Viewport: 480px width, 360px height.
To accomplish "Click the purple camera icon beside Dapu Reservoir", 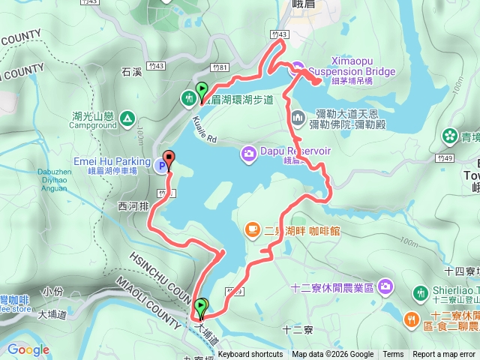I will pyautogui.click(x=248, y=153).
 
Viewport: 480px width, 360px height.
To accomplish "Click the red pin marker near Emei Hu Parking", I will pyautogui.click(x=168, y=159).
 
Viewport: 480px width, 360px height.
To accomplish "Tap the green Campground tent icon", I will pyautogui.click(x=127, y=117).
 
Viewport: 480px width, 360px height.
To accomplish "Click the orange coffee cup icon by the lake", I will pyautogui.click(x=252, y=229).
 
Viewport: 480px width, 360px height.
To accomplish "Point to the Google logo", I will pyautogui.click(x=28, y=349).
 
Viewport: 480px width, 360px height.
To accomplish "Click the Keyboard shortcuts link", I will pyautogui.click(x=250, y=355).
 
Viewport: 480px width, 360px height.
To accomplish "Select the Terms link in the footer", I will pyautogui.click(x=393, y=355).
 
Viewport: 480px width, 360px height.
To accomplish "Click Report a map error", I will pyautogui.click(x=445, y=355).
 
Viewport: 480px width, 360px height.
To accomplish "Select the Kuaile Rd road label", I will pyautogui.click(x=203, y=129).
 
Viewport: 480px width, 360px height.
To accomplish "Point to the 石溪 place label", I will pyautogui.click(x=131, y=73).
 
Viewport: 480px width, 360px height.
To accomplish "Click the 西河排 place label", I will pyautogui.click(x=131, y=204).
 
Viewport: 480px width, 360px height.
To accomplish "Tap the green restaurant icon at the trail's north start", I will pyautogui.click(x=188, y=97).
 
